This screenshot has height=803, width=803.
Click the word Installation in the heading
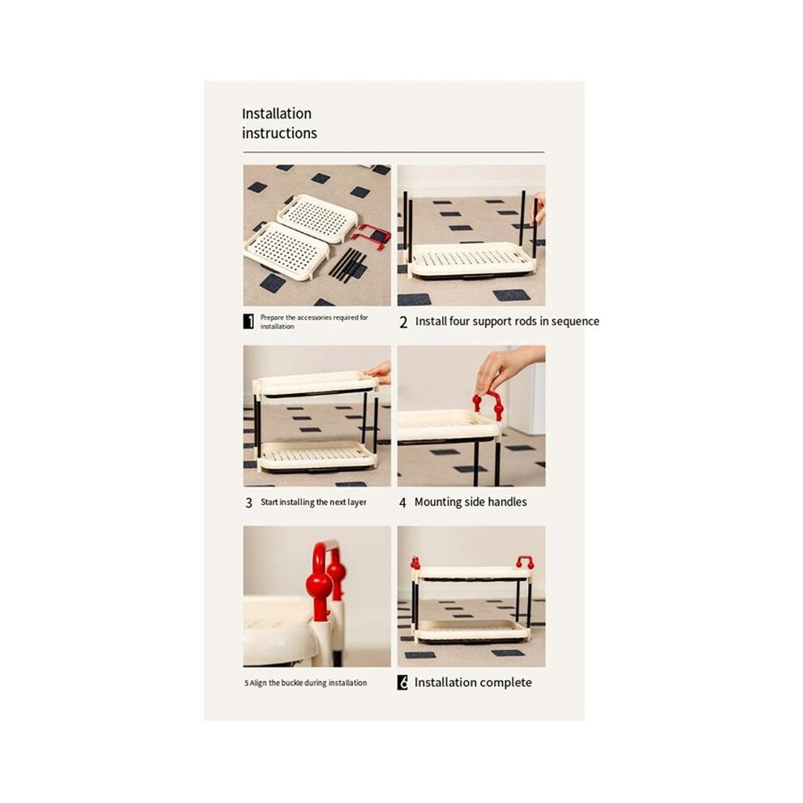point(277,114)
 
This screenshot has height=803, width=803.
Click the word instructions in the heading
point(279,133)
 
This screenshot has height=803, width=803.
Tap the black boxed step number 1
point(248,321)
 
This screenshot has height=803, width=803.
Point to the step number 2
point(404,322)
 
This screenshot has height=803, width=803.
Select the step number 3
point(249,503)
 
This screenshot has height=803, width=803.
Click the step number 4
point(402,503)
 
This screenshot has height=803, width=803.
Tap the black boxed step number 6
point(402,683)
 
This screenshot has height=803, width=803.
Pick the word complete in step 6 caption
point(507,683)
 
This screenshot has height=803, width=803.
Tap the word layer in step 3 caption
point(357,502)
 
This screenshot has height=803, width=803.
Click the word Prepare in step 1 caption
point(272,317)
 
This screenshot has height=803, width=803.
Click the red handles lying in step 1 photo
point(371,236)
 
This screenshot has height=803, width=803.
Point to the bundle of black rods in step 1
point(348,264)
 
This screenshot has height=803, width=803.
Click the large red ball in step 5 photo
point(319,584)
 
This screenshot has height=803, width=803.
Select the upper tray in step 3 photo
point(316,384)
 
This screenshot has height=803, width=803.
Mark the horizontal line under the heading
point(394,152)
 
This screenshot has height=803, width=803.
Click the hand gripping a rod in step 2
point(539,208)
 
